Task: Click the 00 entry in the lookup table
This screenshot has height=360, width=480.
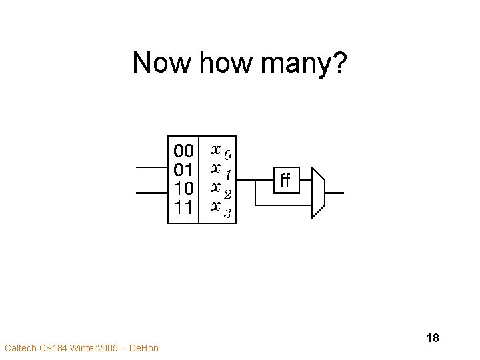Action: tap(183, 149)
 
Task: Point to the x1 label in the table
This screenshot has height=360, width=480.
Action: tap(221, 171)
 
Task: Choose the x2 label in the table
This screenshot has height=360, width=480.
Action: tap(221, 191)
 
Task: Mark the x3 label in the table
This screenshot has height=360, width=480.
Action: tap(221, 210)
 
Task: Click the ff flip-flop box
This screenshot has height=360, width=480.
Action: tap(285, 180)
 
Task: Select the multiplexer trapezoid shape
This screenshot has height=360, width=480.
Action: tap(318, 192)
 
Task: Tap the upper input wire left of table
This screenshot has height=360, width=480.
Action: tap(151, 167)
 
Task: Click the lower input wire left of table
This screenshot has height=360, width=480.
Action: tap(151, 193)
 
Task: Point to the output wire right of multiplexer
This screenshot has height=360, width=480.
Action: tap(334, 193)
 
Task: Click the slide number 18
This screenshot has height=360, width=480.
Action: tap(432, 338)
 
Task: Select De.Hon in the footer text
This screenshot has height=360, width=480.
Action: tap(143, 347)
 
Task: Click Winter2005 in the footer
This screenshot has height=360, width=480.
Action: tap(88, 347)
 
